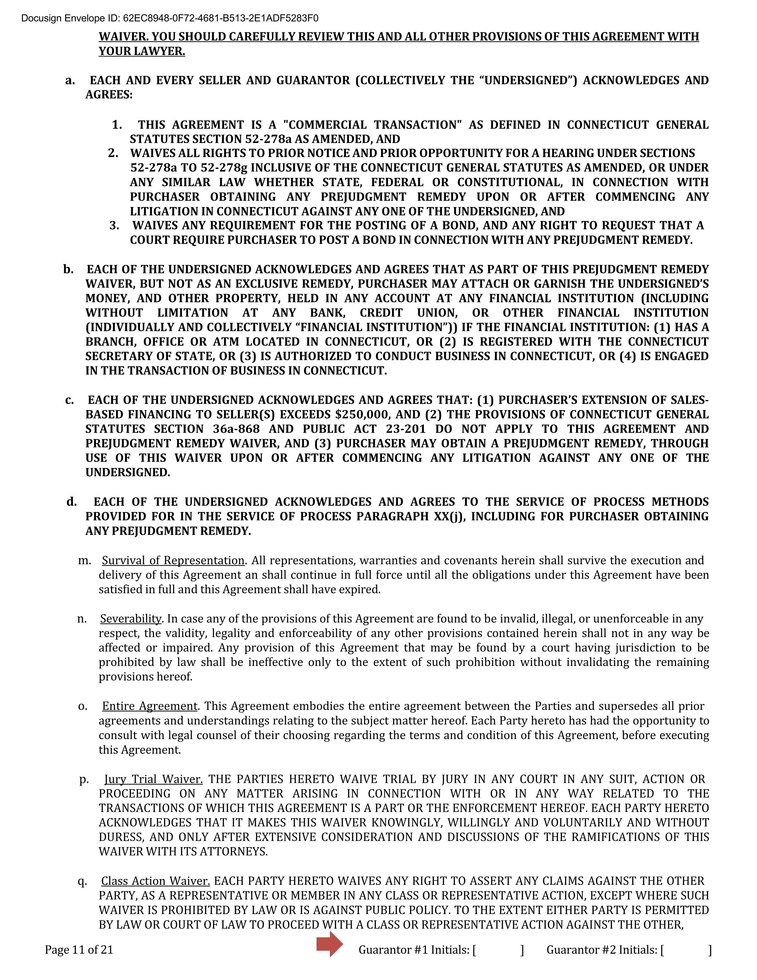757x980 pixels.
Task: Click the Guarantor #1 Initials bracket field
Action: [x=498, y=950]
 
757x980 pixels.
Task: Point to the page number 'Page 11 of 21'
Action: [x=79, y=950]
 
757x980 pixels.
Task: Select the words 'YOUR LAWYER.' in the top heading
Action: [x=142, y=52]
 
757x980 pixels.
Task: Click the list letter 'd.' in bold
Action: [x=72, y=502]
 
